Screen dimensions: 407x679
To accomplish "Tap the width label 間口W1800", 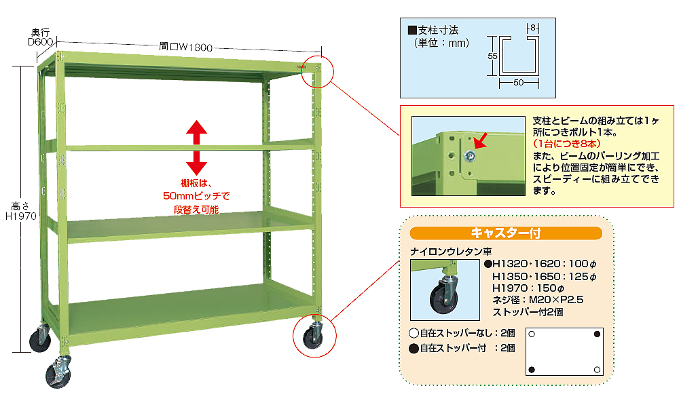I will pos(186,47).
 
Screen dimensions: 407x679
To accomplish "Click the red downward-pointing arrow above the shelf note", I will pos(197,161).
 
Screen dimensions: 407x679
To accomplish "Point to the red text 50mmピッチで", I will pos(197,196).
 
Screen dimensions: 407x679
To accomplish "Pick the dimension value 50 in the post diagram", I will pos(517,82).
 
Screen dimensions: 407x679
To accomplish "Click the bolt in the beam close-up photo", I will pos(469,157).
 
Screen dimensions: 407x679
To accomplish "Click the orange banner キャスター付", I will pos(506,233).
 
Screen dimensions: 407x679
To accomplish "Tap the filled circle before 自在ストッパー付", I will pos(414,348).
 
